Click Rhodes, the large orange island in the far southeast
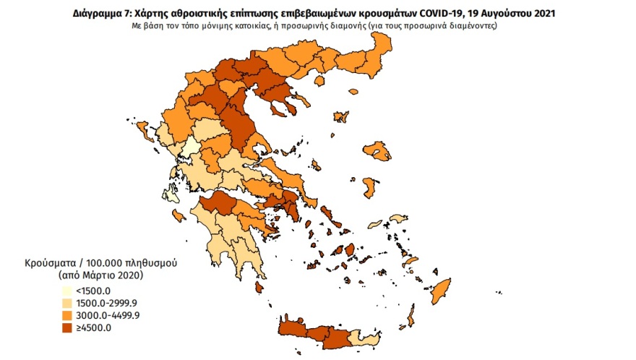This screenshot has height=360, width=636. tap(440, 291)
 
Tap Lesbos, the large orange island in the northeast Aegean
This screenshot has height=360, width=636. tap(378, 151)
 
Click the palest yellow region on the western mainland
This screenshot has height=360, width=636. tap(191, 148)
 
